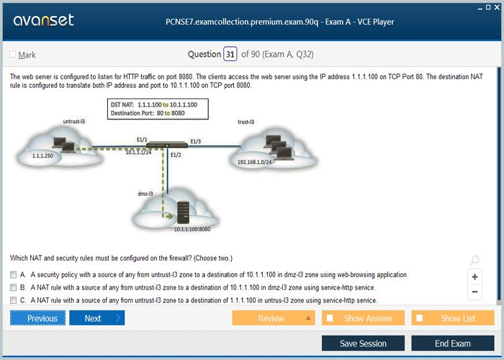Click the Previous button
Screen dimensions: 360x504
(x=38, y=318)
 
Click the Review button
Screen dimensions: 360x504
(x=273, y=318)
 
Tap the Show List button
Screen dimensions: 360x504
(x=453, y=318)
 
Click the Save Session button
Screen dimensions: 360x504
(x=363, y=343)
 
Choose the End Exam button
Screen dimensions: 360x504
(x=453, y=343)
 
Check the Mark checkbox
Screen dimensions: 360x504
(x=13, y=55)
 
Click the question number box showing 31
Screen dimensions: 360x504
(x=230, y=54)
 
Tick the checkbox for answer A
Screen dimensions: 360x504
(x=13, y=275)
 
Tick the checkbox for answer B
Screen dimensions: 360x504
(x=13, y=287)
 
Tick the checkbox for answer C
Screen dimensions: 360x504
(x=13, y=300)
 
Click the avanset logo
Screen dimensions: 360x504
(x=43, y=20)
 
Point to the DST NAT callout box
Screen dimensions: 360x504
(x=158, y=109)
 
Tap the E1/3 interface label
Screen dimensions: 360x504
(x=196, y=141)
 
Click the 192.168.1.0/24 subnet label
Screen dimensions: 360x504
(x=254, y=162)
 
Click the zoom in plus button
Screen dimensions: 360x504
(x=474, y=276)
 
